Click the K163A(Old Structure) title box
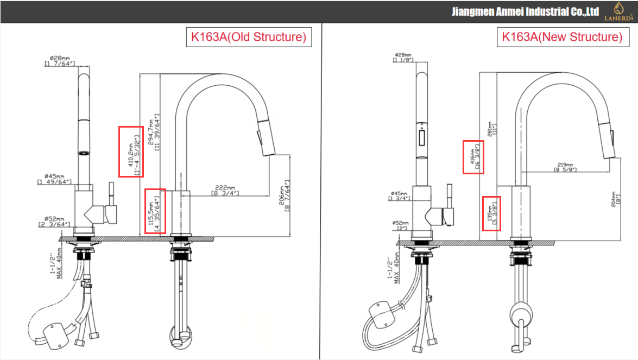[x=249, y=37]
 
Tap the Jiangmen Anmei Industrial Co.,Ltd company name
[x=525, y=11]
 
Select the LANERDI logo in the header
[x=618, y=11]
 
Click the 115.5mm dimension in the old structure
[x=155, y=211]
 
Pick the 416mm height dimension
[x=473, y=157]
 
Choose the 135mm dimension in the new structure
[x=491, y=213]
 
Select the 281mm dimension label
[x=491, y=129]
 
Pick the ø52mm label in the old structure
[x=54, y=222]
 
